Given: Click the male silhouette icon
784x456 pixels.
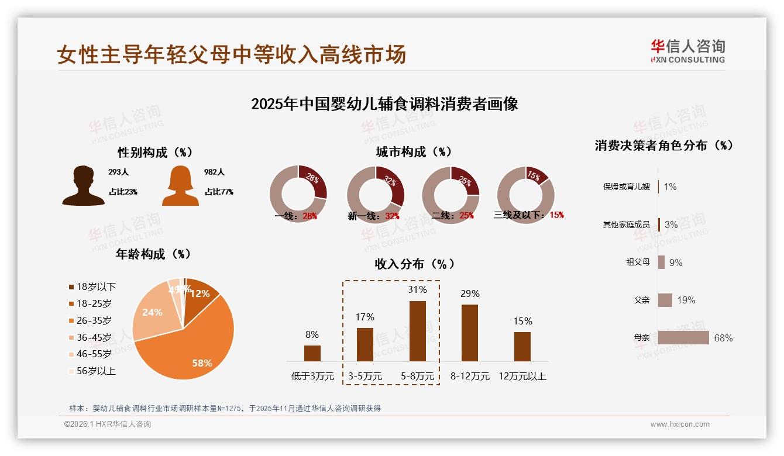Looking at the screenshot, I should (x=83, y=185).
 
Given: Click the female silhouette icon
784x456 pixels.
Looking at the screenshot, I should (x=180, y=185).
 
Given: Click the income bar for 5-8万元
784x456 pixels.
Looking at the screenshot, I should (x=417, y=331).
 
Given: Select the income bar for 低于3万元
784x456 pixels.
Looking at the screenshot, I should (x=312, y=353).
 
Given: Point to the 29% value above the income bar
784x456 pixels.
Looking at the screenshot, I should (x=470, y=293).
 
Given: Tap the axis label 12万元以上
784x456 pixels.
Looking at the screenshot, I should (x=522, y=376).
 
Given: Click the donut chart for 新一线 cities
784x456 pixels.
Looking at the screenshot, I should (x=376, y=195).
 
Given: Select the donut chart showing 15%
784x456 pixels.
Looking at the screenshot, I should (x=525, y=194).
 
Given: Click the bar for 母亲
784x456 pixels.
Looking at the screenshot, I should (x=683, y=338).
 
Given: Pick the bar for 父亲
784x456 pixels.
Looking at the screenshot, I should (x=665, y=300).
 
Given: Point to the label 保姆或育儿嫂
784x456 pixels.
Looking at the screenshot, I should (x=626, y=187).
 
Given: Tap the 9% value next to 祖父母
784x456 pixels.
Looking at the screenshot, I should (x=676, y=262).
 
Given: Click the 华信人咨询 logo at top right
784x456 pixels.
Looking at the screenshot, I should (x=687, y=51).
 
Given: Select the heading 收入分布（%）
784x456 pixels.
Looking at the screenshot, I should (x=414, y=264).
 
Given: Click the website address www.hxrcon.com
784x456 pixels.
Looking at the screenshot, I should (x=680, y=424).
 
